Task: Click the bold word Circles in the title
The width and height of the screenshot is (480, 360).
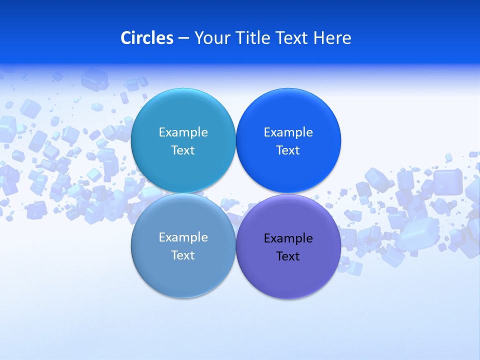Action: coord(147,38)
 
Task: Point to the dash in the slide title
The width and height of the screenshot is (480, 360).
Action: coord(183,38)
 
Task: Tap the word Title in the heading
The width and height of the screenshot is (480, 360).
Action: coord(249,38)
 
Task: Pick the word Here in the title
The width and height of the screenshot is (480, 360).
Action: coord(332,38)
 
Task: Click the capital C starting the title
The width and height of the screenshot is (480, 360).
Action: coord(126,38)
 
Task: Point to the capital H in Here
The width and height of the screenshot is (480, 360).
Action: coord(319,38)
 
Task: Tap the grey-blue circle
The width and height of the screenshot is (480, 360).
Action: coord(183,275)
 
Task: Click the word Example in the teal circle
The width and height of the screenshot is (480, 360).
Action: coord(183,132)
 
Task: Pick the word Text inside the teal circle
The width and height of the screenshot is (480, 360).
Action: coord(183,150)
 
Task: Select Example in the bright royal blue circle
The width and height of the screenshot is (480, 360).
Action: coord(288,132)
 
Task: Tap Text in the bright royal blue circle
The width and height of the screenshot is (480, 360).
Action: coord(288,150)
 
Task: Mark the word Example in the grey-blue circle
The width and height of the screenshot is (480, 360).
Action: coord(183,237)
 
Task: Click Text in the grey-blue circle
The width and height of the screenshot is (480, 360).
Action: coord(183,255)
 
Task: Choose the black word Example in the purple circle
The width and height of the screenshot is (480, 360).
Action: coord(288,238)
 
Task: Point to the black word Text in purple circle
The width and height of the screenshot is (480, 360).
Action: coord(288,256)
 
